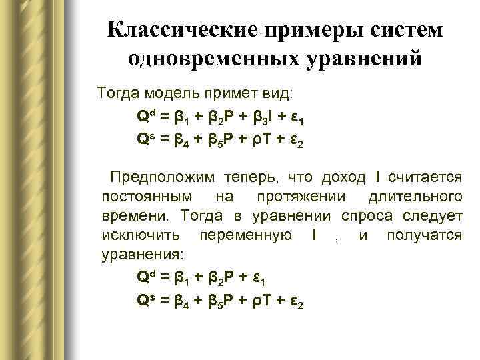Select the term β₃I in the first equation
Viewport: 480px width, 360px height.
261,117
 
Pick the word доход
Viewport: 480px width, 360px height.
343,177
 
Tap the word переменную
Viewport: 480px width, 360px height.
243,235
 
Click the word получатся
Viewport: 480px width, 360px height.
424,235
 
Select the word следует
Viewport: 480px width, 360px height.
433,216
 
